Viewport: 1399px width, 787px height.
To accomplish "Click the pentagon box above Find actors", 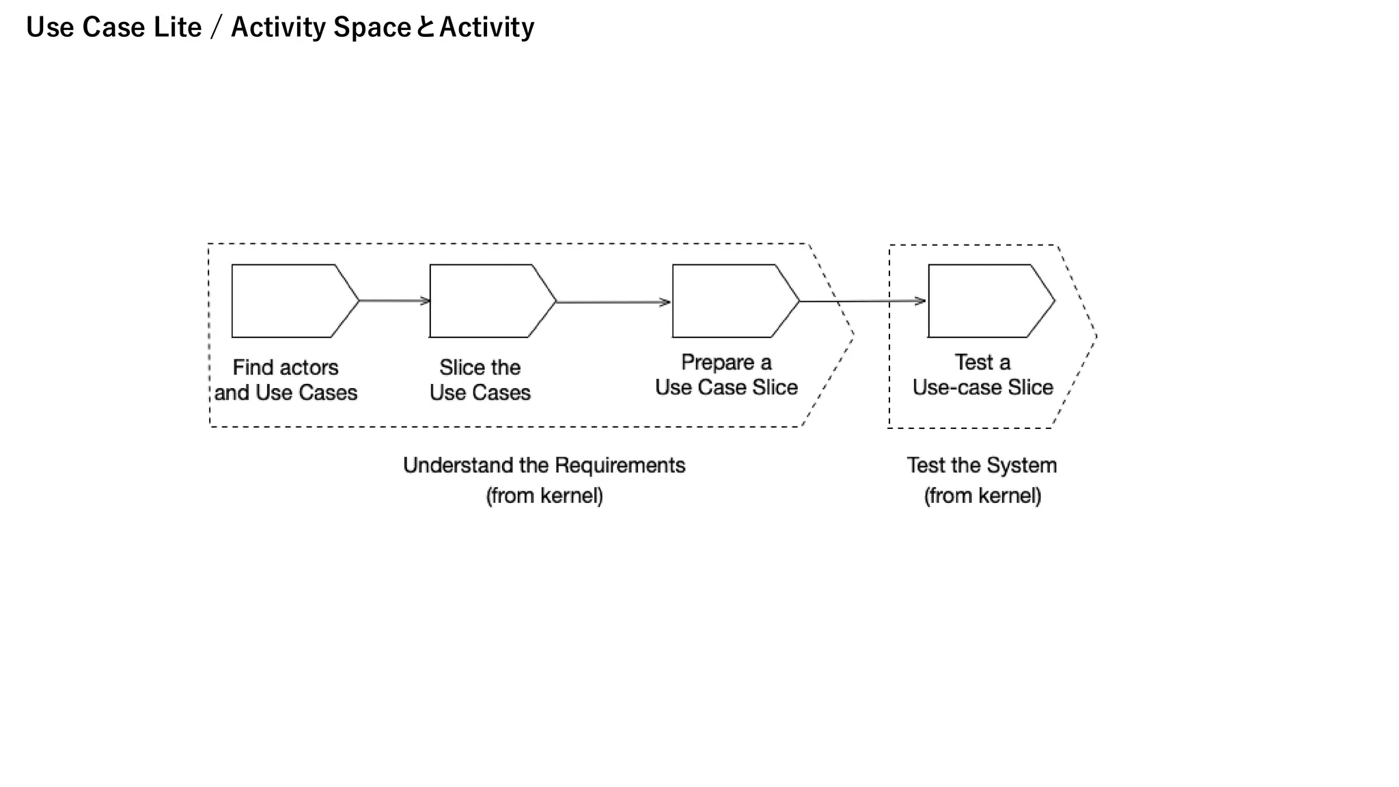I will [290, 301].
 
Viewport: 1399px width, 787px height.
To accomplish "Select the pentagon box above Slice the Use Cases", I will [488, 301].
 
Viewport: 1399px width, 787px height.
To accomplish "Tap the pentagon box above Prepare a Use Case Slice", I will [731, 301].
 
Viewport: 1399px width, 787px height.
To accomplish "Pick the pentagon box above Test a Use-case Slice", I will [986, 301].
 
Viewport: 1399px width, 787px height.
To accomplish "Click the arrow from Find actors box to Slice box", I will [394, 301].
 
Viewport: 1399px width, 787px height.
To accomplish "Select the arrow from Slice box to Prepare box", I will [613, 302].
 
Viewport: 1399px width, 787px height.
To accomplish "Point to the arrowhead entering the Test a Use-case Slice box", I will [920, 301].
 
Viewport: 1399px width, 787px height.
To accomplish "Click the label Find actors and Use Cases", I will [286, 380].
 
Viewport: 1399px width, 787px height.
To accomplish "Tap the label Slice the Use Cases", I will [480, 380].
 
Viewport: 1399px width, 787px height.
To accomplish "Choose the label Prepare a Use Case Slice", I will [726, 374].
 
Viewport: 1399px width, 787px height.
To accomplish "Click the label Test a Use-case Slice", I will [982, 374].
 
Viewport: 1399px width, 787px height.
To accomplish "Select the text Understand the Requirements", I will [544, 465].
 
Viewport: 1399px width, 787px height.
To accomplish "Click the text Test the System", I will [982, 465].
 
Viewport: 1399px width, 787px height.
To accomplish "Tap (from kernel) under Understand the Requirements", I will [544, 495].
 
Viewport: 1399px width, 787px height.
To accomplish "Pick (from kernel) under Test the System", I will [982, 495].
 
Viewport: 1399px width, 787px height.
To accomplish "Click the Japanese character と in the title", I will [425, 27].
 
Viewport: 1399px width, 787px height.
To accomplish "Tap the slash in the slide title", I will [217, 28].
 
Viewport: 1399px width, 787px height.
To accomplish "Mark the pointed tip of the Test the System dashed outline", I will [1096, 336].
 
